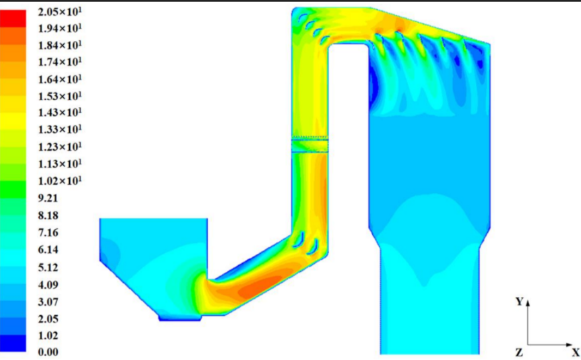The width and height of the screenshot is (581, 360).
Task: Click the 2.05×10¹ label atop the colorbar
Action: tap(59, 12)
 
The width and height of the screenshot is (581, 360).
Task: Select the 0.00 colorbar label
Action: tap(48, 352)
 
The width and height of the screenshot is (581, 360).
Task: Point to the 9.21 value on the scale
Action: tap(48, 198)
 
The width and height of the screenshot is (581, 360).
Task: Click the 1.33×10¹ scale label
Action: tap(59, 129)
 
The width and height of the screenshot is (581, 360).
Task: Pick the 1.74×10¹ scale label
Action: tap(59, 62)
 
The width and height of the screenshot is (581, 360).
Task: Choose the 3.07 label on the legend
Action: tap(48, 302)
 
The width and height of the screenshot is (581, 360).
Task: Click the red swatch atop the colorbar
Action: tap(13, 18)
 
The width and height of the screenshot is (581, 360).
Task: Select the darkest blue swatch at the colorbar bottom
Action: tap(13, 343)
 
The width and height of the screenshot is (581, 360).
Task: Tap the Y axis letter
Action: tap(520, 302)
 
